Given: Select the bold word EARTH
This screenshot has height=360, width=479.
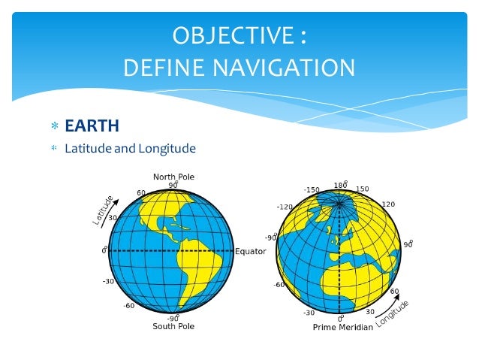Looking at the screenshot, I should click(x=92, y=125).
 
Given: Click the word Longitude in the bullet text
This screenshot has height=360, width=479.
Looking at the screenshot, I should click(x=167, y=148).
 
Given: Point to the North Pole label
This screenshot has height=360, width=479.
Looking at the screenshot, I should click(x=173, y=177).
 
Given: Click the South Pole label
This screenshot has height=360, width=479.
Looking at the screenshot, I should click(x=173, y=327).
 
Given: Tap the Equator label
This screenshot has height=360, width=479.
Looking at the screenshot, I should click(x=251, y=251).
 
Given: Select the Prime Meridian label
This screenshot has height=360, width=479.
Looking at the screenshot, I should click(x=342, y=328).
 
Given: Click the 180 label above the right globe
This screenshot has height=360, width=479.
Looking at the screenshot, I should click(x=339, y=185).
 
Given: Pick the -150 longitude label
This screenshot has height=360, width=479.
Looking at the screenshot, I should click(x=312, y=190).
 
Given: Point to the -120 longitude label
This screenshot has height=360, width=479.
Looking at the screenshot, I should click(x=285, y=207).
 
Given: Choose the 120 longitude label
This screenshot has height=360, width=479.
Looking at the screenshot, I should click(x=388, y=204).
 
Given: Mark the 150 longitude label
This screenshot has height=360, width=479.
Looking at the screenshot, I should click(x=362, y=189).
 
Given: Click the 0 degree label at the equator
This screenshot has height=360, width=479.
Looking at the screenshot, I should click(x=105, y=250).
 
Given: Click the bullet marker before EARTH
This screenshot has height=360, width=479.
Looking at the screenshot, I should click(x=53, y=126).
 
